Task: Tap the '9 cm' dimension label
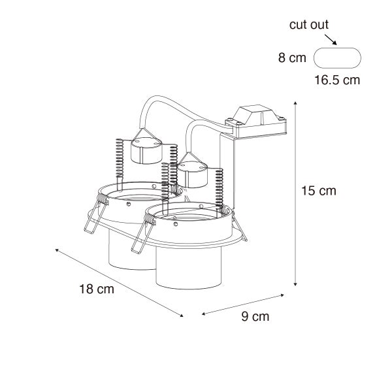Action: [x=255, y=317]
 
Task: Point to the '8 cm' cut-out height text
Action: [x=292, y=58]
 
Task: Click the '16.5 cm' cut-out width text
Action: [x=337, y=80]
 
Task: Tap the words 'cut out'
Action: [x=309, y=25]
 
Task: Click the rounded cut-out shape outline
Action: [x=337, y=57]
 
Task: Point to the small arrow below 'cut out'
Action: [x=331, y=41]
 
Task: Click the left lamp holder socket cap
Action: [x=146, y=150]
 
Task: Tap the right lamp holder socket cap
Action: [x=193, y=171]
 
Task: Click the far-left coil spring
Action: [x=118, y=158]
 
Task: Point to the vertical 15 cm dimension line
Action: [x=296, y=193]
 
